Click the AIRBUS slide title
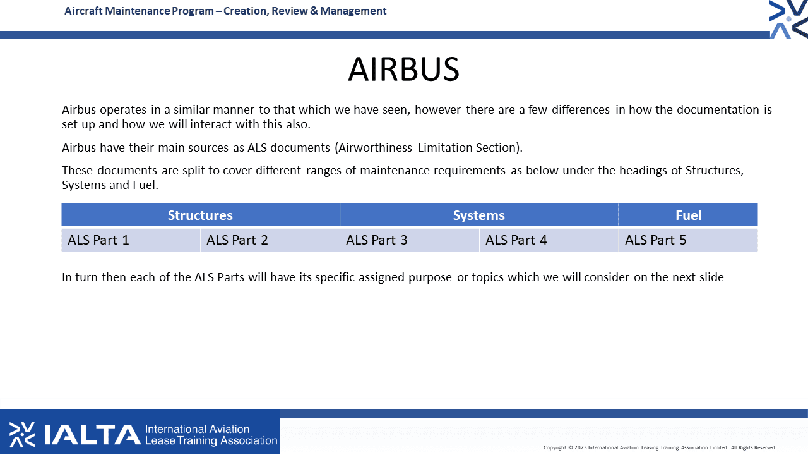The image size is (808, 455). [403, 69]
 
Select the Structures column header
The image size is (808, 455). [200, 215]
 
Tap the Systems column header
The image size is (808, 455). [479, 215]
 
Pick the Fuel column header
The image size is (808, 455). [688, 215]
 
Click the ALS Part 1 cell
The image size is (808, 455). [131, 240]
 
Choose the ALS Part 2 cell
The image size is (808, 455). [270, 240]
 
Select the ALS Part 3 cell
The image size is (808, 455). [410, 240]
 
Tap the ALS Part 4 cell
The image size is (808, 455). [549, 240]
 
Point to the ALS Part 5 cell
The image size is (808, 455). [688, 240]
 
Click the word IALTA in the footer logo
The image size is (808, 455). [92, 434]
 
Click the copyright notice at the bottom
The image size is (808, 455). [660, 447]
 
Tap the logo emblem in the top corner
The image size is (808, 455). [788, 19]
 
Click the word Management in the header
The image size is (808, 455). [353, 11]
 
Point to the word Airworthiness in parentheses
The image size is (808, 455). [375, 148]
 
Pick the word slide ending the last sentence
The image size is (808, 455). [711, 277]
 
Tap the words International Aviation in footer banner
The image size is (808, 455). [197, 429]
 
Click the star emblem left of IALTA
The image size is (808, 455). [22, 434]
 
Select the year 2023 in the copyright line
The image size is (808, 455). [580, 447]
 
